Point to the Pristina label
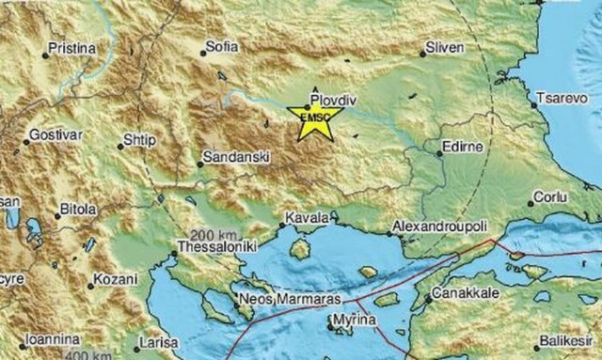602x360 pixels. pos(74,48)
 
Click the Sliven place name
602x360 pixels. pos(445,46)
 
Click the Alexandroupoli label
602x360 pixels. pos(439,227)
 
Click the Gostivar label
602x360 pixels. pos(55,135)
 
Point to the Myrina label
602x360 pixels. pos(356,321)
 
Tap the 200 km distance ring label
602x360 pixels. pos(209,233)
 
